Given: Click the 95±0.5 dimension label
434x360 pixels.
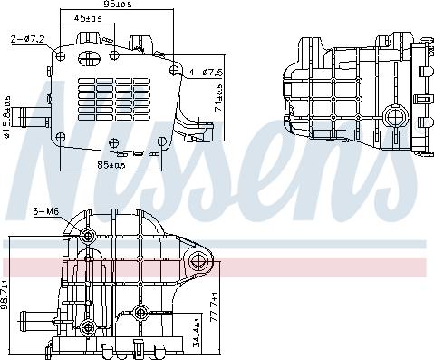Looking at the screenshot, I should coord(118,5).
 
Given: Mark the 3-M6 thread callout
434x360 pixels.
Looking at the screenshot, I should coord(44,212).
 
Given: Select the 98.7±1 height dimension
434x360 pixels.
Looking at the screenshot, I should coord(8,295).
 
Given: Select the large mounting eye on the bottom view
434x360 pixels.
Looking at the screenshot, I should coord(200,263).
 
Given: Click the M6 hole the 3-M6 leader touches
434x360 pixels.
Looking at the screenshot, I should coord(87,238).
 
